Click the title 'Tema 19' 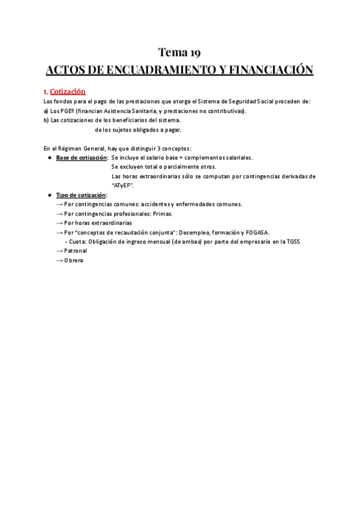(179, 52)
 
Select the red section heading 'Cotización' (68, 92)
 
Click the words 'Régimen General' (76, 148)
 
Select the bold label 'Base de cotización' (82, 158)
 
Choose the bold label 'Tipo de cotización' (81, 195)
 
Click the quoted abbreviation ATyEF (122, 185)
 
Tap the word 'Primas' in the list (162, 214)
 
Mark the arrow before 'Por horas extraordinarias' (59, 223)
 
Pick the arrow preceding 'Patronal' (59, 251)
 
